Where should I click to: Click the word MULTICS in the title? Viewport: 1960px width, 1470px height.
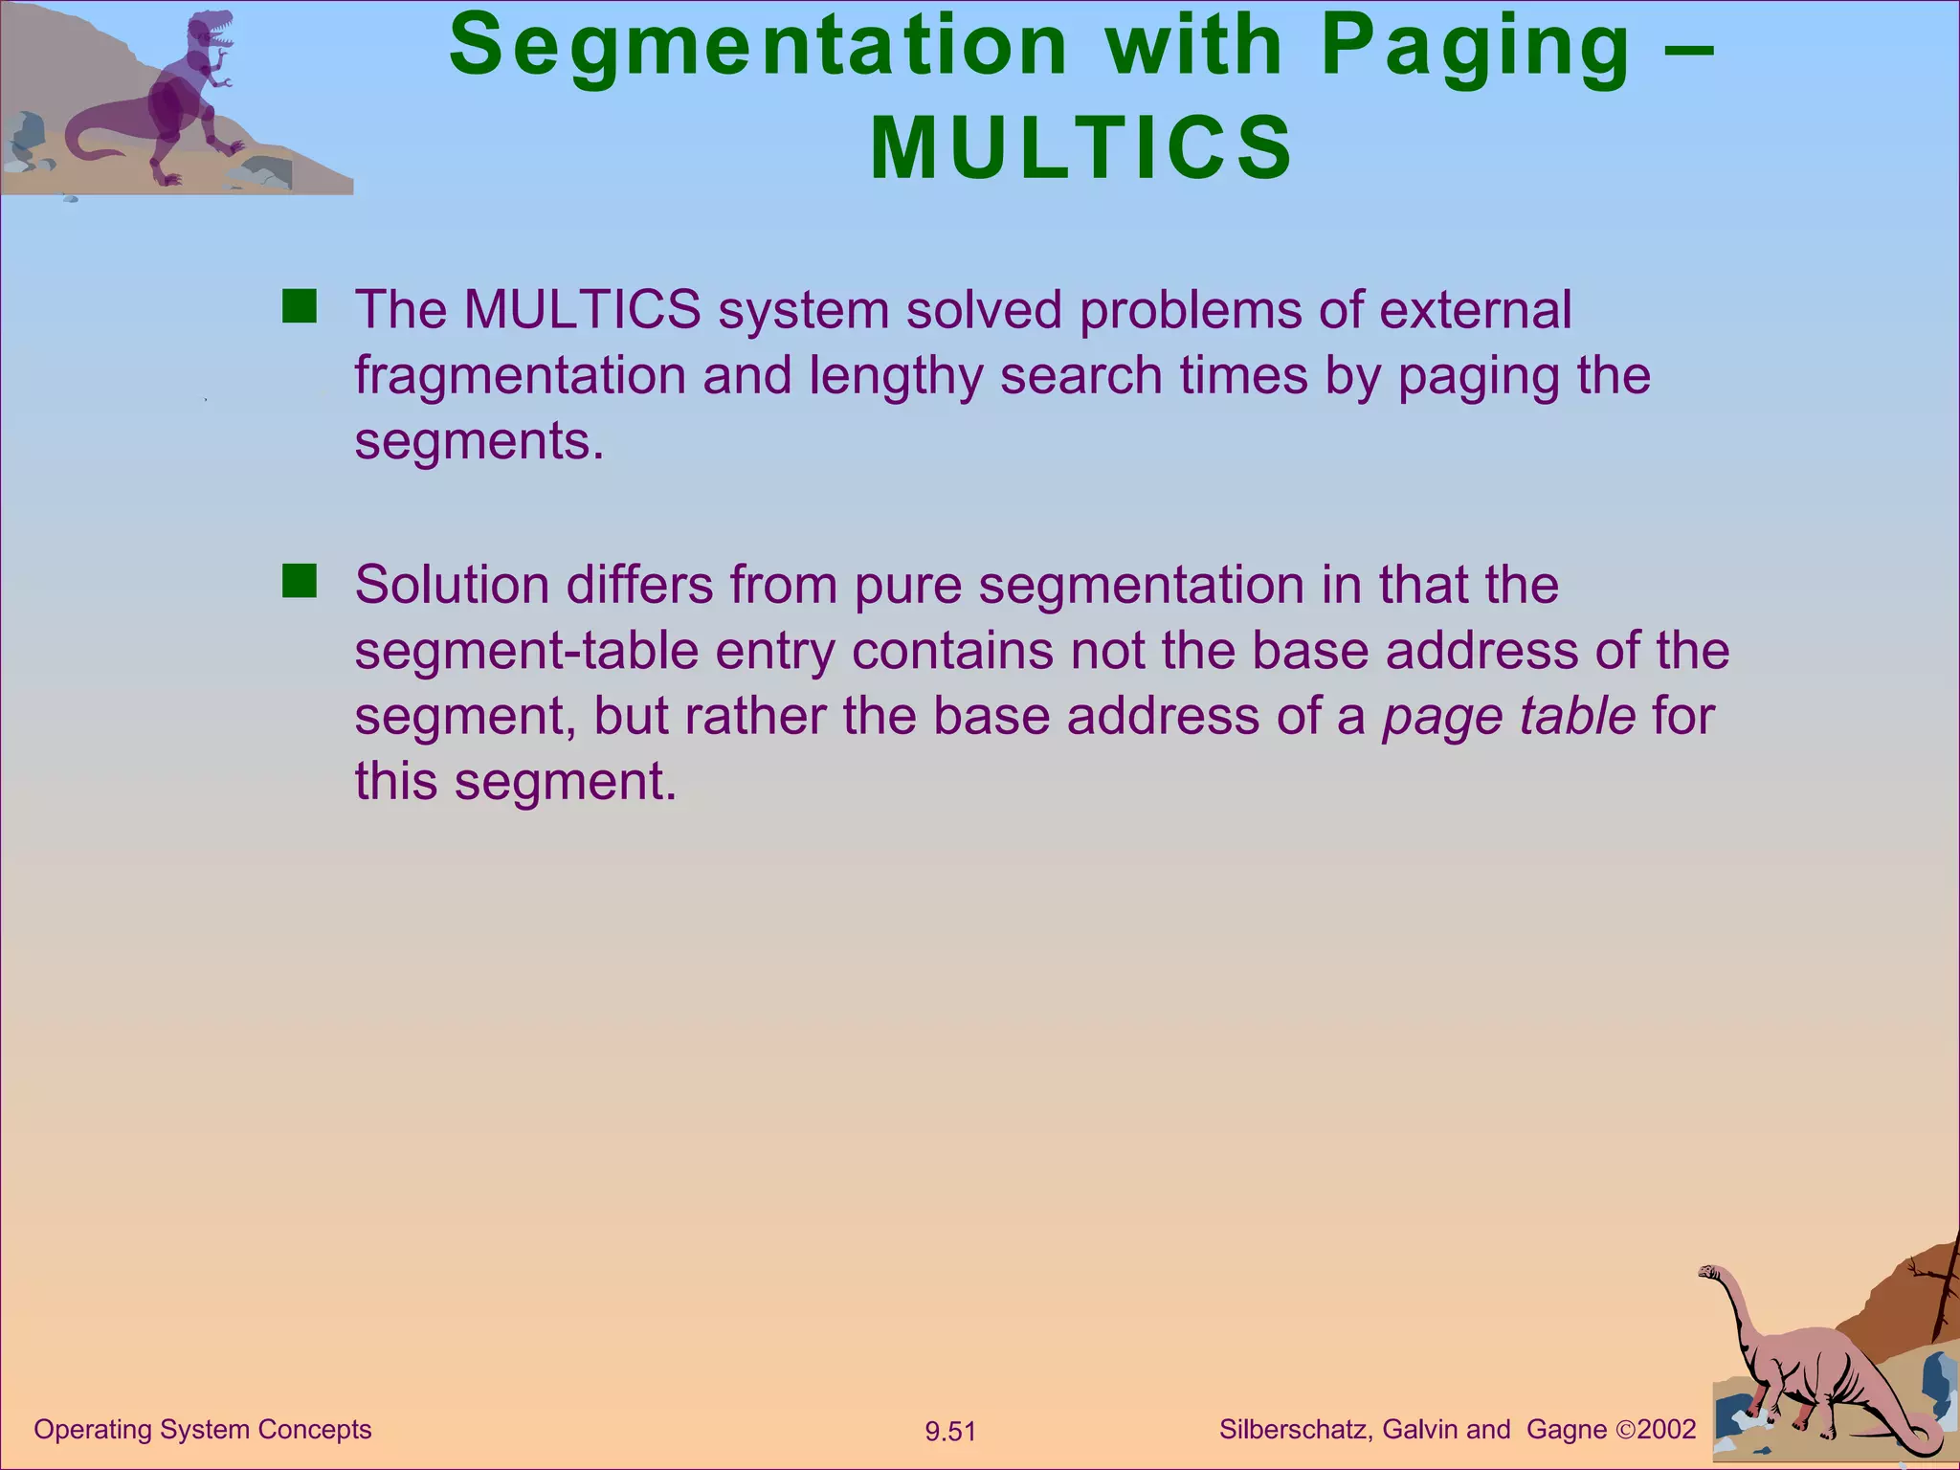[x=1081, y=148]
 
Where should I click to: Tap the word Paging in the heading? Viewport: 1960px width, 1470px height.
[x=1475, y=48]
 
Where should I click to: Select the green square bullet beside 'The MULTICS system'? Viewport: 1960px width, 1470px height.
[x=300, y=307]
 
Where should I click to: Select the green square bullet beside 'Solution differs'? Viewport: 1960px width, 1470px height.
[x=300, y=581]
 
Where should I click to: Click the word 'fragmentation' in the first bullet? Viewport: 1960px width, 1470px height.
[x=520, y=375]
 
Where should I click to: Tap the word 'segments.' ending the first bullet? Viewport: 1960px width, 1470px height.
[x=479, y=441]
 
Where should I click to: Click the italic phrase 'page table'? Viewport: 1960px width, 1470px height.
[x=1508, y=716]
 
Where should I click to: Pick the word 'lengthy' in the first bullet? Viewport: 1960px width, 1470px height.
[x=896, y=375]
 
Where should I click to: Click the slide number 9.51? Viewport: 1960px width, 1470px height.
[x=949, y=1432]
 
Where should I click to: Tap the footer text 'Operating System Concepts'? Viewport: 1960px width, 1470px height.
[x=203, y=1430]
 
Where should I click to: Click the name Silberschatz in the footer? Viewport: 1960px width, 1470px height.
[x=1296, y=1430]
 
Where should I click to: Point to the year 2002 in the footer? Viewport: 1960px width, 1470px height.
[x=1666, y=1430]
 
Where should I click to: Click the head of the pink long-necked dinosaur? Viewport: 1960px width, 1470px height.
[x=1710, y=1273]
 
